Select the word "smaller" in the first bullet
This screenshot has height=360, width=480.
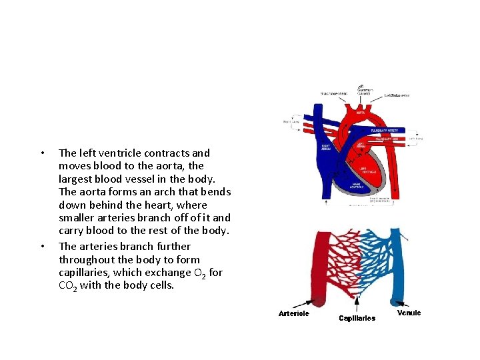point(79,218)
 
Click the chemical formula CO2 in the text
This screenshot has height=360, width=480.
point(68,286)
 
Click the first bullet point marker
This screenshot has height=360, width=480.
point(43,153)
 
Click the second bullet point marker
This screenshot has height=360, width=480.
point(43,247)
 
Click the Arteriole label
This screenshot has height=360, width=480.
point(294,313)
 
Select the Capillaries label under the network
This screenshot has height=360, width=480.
point(357,318)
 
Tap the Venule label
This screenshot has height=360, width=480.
point(409,313)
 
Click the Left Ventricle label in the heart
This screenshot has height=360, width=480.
point(365,171)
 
